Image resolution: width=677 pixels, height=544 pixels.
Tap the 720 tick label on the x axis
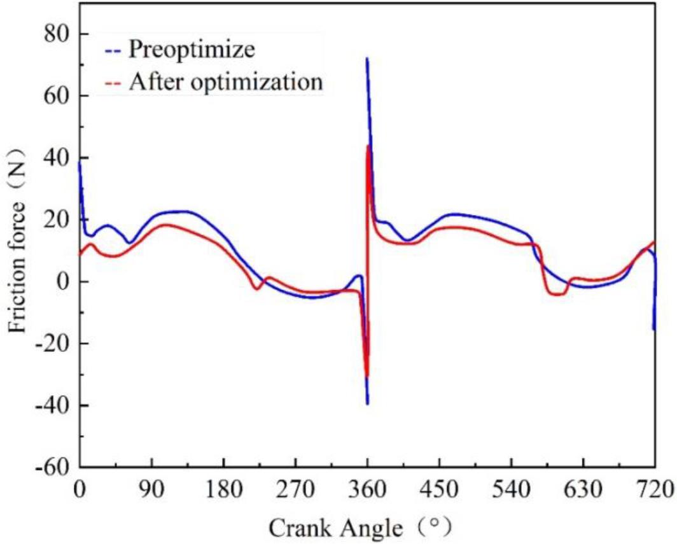(655, 490)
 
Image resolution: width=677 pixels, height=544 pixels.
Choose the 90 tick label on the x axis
(152, 490)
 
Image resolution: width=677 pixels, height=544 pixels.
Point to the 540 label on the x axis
(512, 490)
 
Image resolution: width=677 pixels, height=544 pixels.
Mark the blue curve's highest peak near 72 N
(367, 59)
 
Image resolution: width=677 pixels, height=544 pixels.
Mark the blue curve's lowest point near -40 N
(367, 403)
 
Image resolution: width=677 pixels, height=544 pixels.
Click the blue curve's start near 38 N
(80, 163)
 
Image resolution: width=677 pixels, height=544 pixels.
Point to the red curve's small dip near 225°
(257, 289)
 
